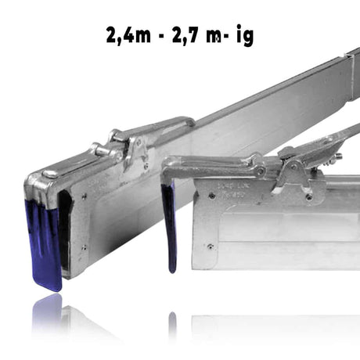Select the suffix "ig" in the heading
coord(245,36)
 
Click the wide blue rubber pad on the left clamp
coord(44,242)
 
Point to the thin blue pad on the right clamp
coord(168,226)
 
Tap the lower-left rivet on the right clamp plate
coord(210,247)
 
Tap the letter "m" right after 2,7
coord(214,37)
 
